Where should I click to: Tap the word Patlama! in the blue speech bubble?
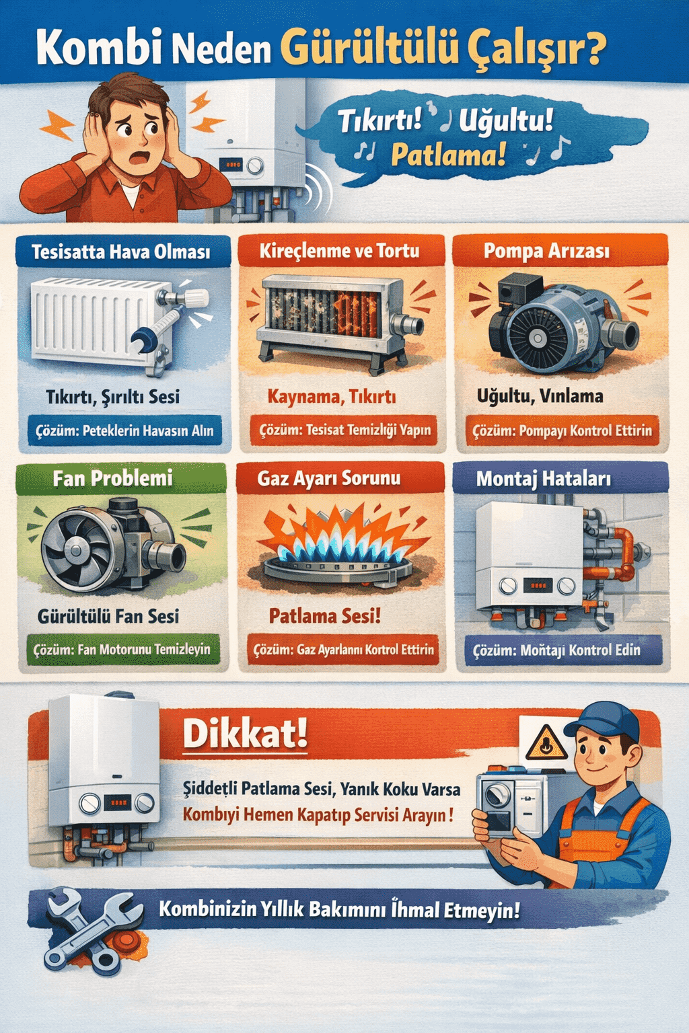point(448,155)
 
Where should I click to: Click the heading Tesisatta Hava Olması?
point(121,252)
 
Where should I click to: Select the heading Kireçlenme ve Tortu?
point(339,252)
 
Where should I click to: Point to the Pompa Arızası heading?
point(546,252)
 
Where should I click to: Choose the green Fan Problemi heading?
point(112,478)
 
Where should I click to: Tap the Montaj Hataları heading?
point(544,479)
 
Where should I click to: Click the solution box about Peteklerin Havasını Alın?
point(124,430)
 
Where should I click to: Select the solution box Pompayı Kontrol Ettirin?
point(562,430)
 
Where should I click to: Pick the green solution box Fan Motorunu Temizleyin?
point(122,650)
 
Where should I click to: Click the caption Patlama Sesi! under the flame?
point(325,615)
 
